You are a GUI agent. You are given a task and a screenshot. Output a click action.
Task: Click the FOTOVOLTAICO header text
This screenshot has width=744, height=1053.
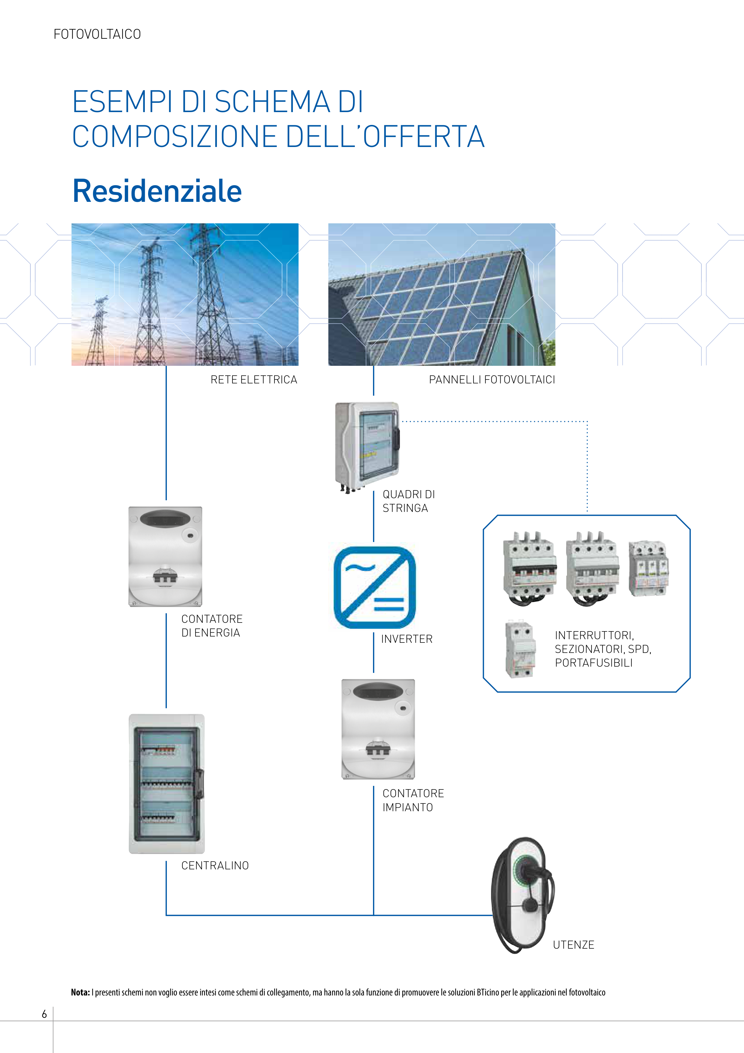pyautogui.click(x=97, y=34)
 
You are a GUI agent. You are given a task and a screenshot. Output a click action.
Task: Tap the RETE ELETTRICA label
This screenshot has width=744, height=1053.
pyautogui.click(x=254, y=380)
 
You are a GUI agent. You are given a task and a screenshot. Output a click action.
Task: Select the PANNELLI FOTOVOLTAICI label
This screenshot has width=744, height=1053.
pyautogui.click(x=491, y=380)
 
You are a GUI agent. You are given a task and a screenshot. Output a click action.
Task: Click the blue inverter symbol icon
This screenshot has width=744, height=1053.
pyautogui.click(x=375, y=588)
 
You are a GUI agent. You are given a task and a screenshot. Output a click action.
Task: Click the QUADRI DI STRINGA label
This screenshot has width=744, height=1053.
pyautogui.click(x=408, y=501)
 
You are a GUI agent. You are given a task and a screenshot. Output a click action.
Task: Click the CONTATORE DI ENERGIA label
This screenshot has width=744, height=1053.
pyautogui.click(x=211, y=625)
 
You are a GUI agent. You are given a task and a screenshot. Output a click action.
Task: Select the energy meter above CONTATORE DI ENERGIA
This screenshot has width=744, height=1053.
pyautogui.click(x=165, y=556)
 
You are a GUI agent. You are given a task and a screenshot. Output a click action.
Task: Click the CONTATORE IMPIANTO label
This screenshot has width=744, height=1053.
pyautogui.click(x=413, y=800)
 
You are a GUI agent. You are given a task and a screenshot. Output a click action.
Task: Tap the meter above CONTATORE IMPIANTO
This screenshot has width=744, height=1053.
pyautogui.click(x=378, y=729)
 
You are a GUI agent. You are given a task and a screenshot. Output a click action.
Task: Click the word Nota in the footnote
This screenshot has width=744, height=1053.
pyautogui.click(x=80, y=992)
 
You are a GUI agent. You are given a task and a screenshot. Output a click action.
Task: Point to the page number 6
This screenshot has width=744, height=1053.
pyautogui.click(x=44, y=1014)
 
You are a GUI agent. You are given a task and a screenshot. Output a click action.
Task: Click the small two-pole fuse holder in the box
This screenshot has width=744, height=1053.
pyautogui.click(x=519, y=649)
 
